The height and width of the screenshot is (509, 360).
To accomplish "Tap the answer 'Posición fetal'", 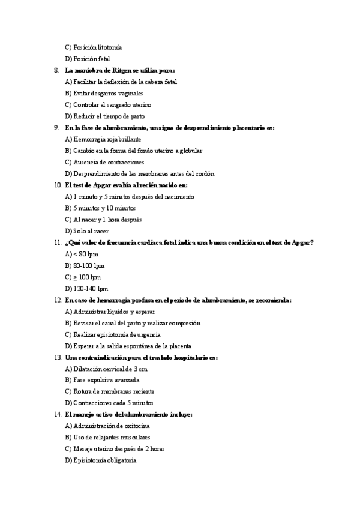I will (91, 59).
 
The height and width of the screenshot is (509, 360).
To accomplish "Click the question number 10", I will (57, 185).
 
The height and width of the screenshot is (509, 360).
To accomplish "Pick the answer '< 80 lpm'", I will (85, 254).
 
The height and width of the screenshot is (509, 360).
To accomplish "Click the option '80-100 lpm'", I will (88, 265).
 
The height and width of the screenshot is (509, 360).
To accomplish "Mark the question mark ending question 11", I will (313, 242).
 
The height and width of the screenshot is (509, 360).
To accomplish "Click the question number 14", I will (57, 414).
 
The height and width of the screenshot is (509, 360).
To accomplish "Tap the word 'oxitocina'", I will (136, 426).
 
